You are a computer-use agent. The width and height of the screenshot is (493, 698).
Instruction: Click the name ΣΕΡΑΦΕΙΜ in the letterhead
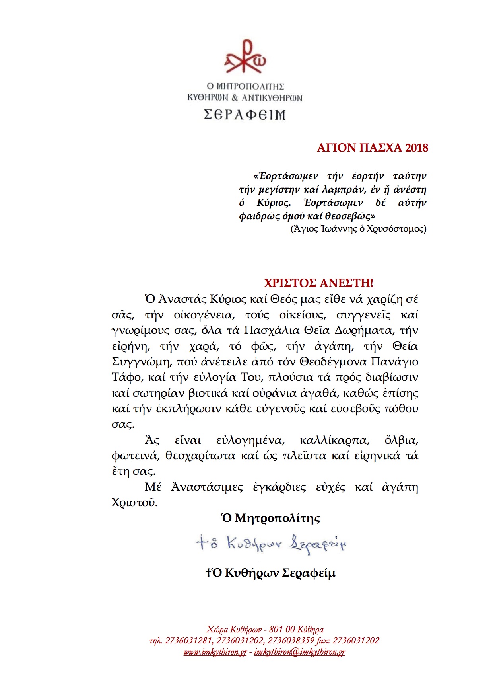click(x=245, y=115)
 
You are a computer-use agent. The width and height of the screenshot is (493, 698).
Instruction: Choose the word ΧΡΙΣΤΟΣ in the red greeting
click(x=290, y=283)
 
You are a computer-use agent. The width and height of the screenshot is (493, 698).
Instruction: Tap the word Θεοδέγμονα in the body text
click(x=333, y=362)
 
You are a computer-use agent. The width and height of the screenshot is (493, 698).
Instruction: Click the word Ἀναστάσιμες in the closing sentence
click(x=207, y=487)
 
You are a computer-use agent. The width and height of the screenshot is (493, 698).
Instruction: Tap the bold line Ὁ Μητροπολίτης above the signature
click(x=271, y=518)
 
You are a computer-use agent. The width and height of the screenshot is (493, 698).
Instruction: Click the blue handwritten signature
click(x=271, y=543)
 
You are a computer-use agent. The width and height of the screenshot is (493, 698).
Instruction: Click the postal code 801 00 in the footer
click(x=282, y=629)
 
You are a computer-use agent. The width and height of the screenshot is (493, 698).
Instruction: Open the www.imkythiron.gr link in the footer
click(x=215, y=652)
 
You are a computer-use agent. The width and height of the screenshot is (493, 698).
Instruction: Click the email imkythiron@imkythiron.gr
click(x=299, y=652)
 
